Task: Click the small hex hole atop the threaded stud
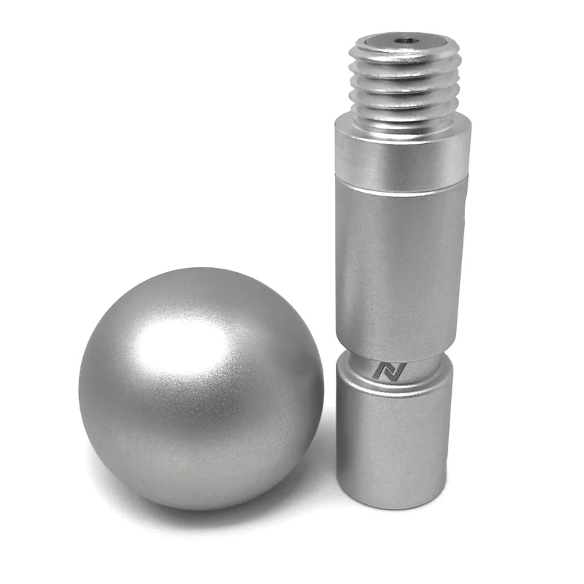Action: click(404, 41)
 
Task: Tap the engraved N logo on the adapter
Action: click(383, 370)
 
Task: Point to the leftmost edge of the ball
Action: click(80, 387)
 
